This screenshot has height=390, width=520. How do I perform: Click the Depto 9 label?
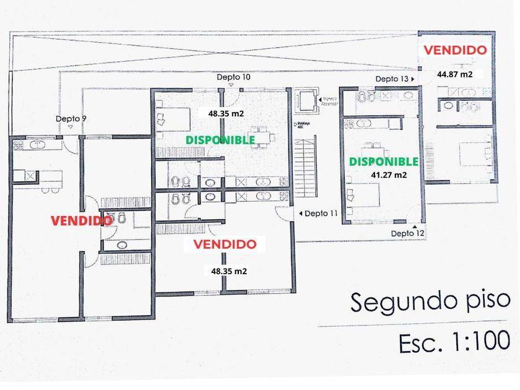(71, 118)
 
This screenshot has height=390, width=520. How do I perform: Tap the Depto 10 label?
(233, 77)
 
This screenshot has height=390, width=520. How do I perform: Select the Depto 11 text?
(323, 214)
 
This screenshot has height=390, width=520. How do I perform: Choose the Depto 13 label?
(392, 79)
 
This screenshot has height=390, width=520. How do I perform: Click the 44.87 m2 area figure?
(455, 74)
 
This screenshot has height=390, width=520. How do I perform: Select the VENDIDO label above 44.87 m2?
(454, 50)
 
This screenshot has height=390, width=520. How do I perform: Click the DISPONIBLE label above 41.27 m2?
(384, 162)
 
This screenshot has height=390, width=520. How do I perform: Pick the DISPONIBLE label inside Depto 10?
(220, 140)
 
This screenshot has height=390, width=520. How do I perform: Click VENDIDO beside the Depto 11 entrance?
(225, 245)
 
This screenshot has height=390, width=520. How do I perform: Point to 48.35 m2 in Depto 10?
(226, 114)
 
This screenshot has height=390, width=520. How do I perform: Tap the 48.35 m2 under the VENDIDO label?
(229, 271)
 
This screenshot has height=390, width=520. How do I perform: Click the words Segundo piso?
(431, 301)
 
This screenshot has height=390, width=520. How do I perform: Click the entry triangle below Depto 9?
(71, 128)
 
